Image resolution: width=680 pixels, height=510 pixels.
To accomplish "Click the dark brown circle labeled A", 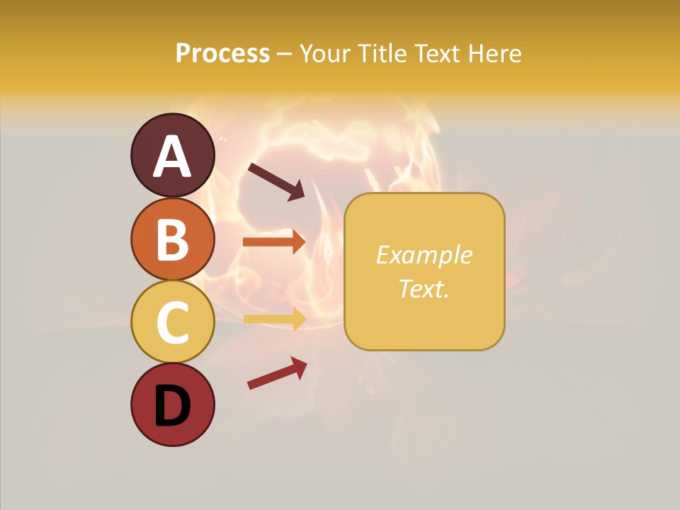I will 172,155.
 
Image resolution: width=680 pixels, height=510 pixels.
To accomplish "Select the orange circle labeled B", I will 172,239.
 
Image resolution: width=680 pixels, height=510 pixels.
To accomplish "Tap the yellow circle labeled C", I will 172,322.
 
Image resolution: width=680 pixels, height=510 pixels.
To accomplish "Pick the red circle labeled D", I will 172,404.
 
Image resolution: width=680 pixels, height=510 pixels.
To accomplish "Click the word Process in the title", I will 222,53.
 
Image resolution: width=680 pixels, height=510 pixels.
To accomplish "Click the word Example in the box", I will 424,255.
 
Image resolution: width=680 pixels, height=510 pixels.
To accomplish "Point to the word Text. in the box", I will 424,288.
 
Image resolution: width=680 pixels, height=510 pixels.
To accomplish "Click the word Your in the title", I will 327,53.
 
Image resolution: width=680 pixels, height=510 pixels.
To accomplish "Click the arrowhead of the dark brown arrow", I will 296,190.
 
